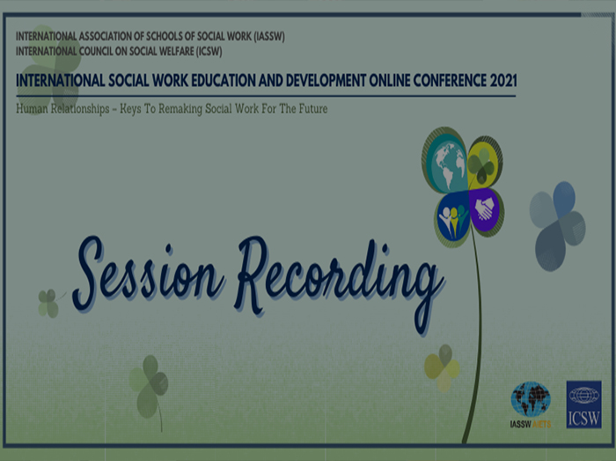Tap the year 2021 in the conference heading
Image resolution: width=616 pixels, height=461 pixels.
[503, 80]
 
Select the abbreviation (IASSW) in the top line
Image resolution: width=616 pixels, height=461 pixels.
[269, 36]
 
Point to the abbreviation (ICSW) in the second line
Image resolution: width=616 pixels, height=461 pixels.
[209, 51]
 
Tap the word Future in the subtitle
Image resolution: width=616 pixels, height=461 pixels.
[313, 108]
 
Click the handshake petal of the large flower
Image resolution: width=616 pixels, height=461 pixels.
[486, 211]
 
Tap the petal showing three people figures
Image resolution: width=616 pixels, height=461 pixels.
[453, 219]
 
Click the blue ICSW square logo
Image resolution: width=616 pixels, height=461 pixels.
[583, 405]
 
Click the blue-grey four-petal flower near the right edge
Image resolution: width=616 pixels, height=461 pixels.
[557, 226]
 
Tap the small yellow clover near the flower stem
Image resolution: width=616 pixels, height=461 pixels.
[443, 368]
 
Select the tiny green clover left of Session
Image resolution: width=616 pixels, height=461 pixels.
[48, 304]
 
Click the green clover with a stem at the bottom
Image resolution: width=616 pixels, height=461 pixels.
[150, 387]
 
